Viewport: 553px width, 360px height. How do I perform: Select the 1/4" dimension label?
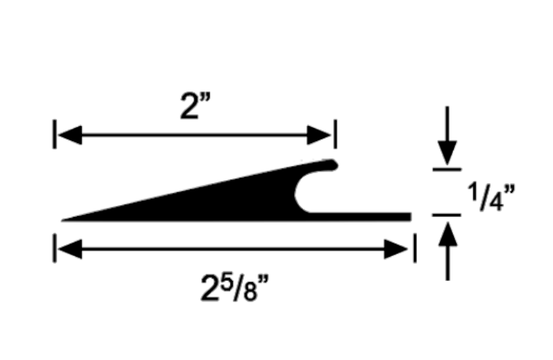coord(490,193)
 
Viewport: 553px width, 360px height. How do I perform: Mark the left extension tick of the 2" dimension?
coord(54,134)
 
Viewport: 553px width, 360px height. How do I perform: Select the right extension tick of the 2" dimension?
coord(335,134)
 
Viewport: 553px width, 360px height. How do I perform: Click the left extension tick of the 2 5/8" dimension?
coord(54,248)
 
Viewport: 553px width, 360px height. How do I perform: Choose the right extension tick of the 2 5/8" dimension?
coord(415,248)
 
